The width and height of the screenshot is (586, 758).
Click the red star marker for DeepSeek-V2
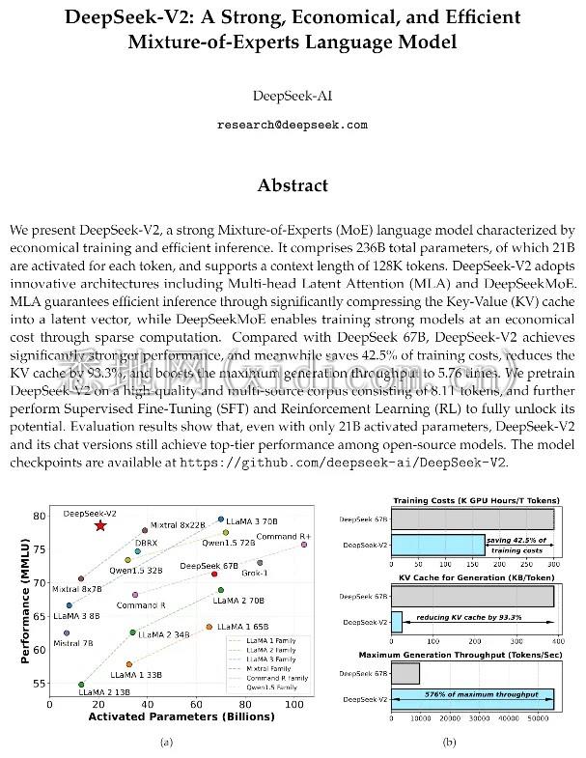(100, 525)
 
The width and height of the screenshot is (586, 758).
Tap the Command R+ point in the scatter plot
(304, 545)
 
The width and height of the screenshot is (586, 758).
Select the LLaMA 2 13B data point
(81, 684)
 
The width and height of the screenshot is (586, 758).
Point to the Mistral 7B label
(73, 642)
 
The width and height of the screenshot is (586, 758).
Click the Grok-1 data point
(260, 562)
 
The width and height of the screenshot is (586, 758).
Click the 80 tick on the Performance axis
(40, 516)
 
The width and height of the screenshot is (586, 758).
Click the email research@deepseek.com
(292, 126)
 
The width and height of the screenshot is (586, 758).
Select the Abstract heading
(292, 185)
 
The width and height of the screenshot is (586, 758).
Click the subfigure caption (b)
(449, 742)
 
